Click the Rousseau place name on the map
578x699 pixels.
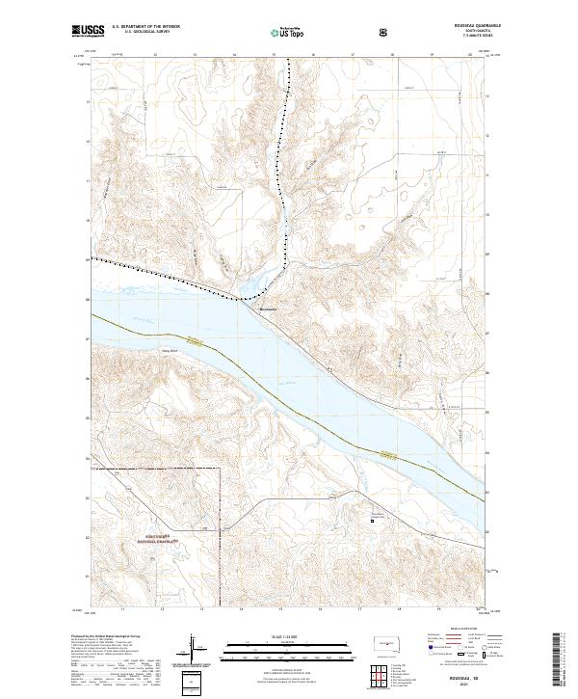tap(269, 309)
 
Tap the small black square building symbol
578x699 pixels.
tap(374, 522)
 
